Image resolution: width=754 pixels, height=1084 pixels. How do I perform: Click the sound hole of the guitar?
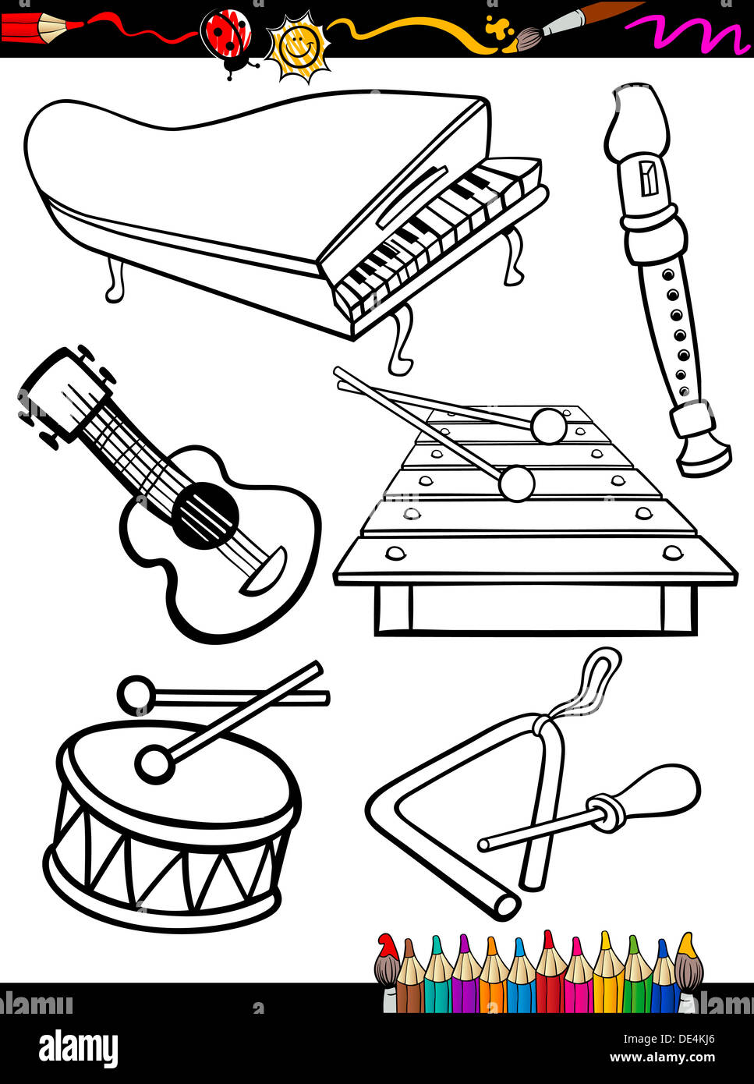[x=206, y=515]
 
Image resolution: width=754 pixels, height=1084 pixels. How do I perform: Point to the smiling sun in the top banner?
[x=296, y=47]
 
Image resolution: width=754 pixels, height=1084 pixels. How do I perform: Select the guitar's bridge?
[x=264, y=571]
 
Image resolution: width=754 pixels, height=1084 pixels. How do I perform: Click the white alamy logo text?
[x=78, y=1047]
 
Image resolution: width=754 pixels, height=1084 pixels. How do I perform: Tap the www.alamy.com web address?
[x=662, y=1057]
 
